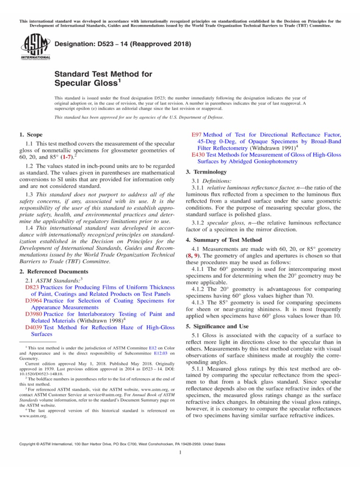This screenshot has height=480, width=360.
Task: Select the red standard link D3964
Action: pos(33,300)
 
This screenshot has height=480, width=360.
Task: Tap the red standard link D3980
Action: pos(33,314)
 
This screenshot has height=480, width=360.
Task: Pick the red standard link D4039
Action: pos(33,328)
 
